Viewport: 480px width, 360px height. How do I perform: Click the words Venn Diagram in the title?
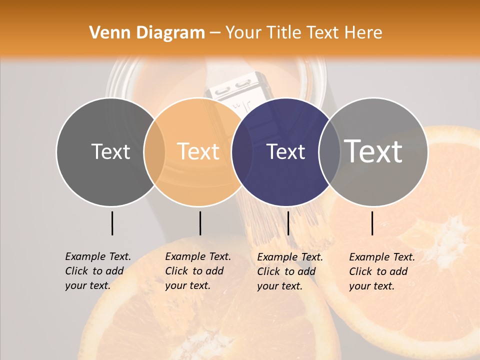147,33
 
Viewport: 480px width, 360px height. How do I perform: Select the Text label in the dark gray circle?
110,151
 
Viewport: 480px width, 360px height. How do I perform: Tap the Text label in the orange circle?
198,151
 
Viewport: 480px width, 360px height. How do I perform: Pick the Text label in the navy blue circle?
285,151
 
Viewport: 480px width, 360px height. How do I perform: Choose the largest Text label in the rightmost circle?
373,151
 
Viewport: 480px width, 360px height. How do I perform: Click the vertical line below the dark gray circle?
112,223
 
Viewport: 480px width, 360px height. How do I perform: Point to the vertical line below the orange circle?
200,223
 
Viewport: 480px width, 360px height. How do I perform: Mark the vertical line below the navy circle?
288,223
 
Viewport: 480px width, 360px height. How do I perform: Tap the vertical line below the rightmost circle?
372,223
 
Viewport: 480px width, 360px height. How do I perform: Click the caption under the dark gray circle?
97,271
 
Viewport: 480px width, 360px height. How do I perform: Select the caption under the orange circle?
197,271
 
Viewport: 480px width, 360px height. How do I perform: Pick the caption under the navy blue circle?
289,271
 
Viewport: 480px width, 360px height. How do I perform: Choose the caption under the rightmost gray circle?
381,271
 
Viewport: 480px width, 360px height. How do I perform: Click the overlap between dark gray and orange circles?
154,151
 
